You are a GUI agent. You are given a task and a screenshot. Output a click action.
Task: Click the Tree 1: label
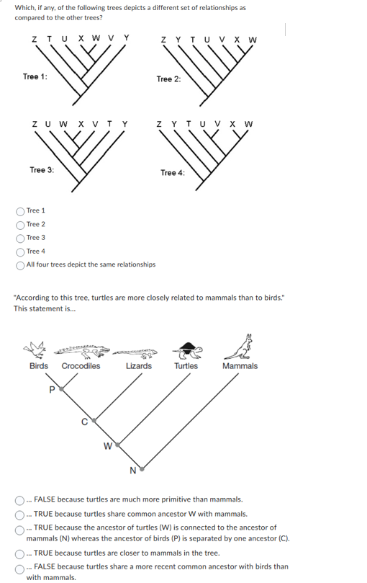pyautogui.click(x=35, y=77)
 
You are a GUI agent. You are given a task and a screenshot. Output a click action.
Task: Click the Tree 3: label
pyautogui.click(x=42, y=169)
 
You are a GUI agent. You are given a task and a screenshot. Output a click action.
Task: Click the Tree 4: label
pyautogui.click(x=172, y=172)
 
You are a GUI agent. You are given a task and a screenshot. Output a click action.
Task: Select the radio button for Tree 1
pyautogui.click(x=19, y=211)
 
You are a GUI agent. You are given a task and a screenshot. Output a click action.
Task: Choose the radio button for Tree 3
pyautogui.click(x=19, y=238)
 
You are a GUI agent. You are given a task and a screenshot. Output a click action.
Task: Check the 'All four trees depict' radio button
pyautogui.click(x=19, y=264)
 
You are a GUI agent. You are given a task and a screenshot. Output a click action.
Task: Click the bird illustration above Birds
pyautogui.click(x=37, y=351)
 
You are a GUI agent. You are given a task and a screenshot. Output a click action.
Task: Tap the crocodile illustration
pyautogui.click(x=81, y=350)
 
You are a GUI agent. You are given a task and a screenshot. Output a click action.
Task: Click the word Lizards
pyautogui.click(x=138, y=366)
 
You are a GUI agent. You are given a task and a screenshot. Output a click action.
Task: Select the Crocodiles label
pyautogui.click(x=81, y=366)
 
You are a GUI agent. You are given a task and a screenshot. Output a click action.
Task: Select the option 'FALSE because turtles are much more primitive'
pyautogui.click(x=19, y=499)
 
